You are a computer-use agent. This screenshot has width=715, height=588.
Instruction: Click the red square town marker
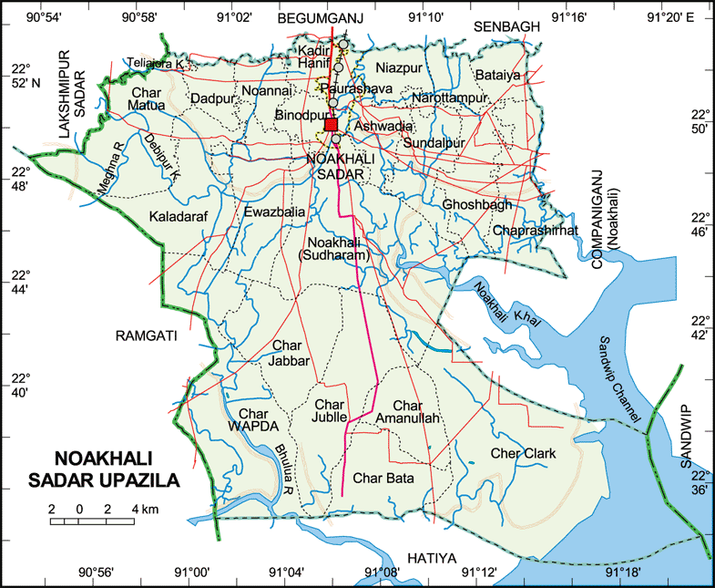pos(331,125)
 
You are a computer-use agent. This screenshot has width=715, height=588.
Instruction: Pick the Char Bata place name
pos(383,478)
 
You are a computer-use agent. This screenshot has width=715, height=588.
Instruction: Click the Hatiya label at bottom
pos(431,557)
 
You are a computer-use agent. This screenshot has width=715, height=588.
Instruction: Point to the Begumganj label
pos(320,17)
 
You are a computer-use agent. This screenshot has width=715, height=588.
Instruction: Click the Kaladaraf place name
pos(182,217)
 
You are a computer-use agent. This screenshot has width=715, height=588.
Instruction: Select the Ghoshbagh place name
pos(477,205)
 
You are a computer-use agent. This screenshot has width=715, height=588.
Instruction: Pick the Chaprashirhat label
pos(535,232)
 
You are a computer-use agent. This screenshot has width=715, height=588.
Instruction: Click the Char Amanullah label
pos(416,411)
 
